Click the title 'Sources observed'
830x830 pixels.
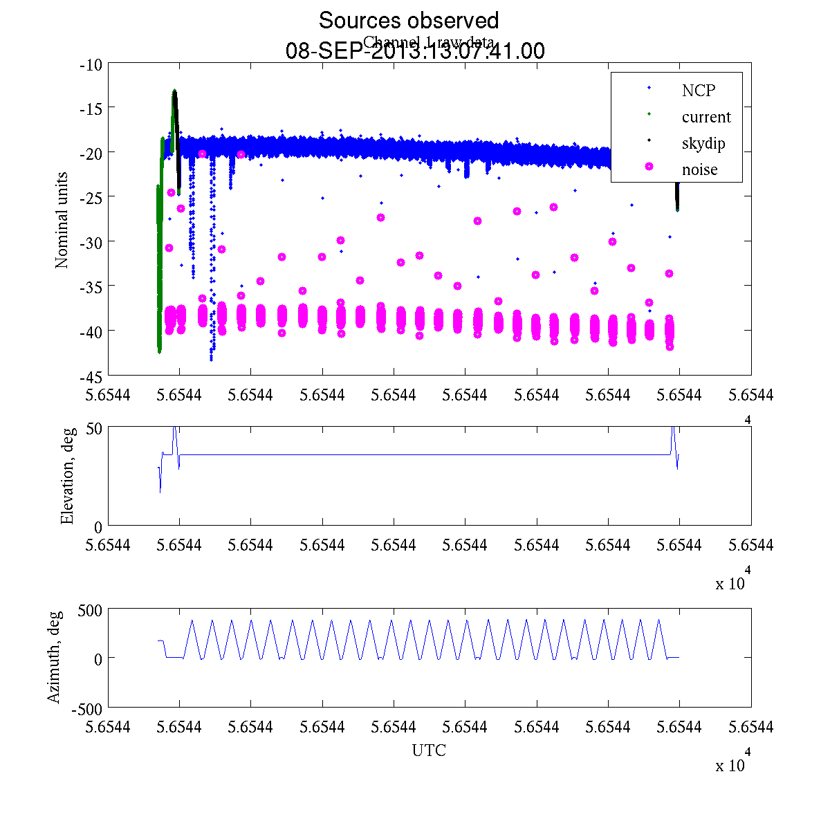pyautogui.click(x=408, y=21)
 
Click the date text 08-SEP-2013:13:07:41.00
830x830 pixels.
pyautogui.click(x=415, y=51)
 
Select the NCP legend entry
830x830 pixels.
pyautogui.click(x=698, y=90)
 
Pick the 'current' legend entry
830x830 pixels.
pyautogui.click(x=705, y=117)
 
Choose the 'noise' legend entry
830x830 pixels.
pyautogui.click(x=699, y=169)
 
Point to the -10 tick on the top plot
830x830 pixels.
pyautogui.click(x=92, y=65)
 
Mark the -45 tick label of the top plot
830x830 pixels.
pyautogui.click(x=92, y=377)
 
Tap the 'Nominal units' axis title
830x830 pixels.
pyautogui.click(x=62, y=220)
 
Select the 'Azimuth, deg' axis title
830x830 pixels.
pyautogui.click(x=54, y=657)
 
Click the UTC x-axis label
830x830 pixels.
pyautogui.click(x=429, y=750)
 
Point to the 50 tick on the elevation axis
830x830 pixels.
pyautogui.click(x=94, y=428)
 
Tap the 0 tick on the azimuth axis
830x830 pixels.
pyautogui.click(x=98, y=659)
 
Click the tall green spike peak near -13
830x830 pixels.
pyautogui.click(x=174, y=91)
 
